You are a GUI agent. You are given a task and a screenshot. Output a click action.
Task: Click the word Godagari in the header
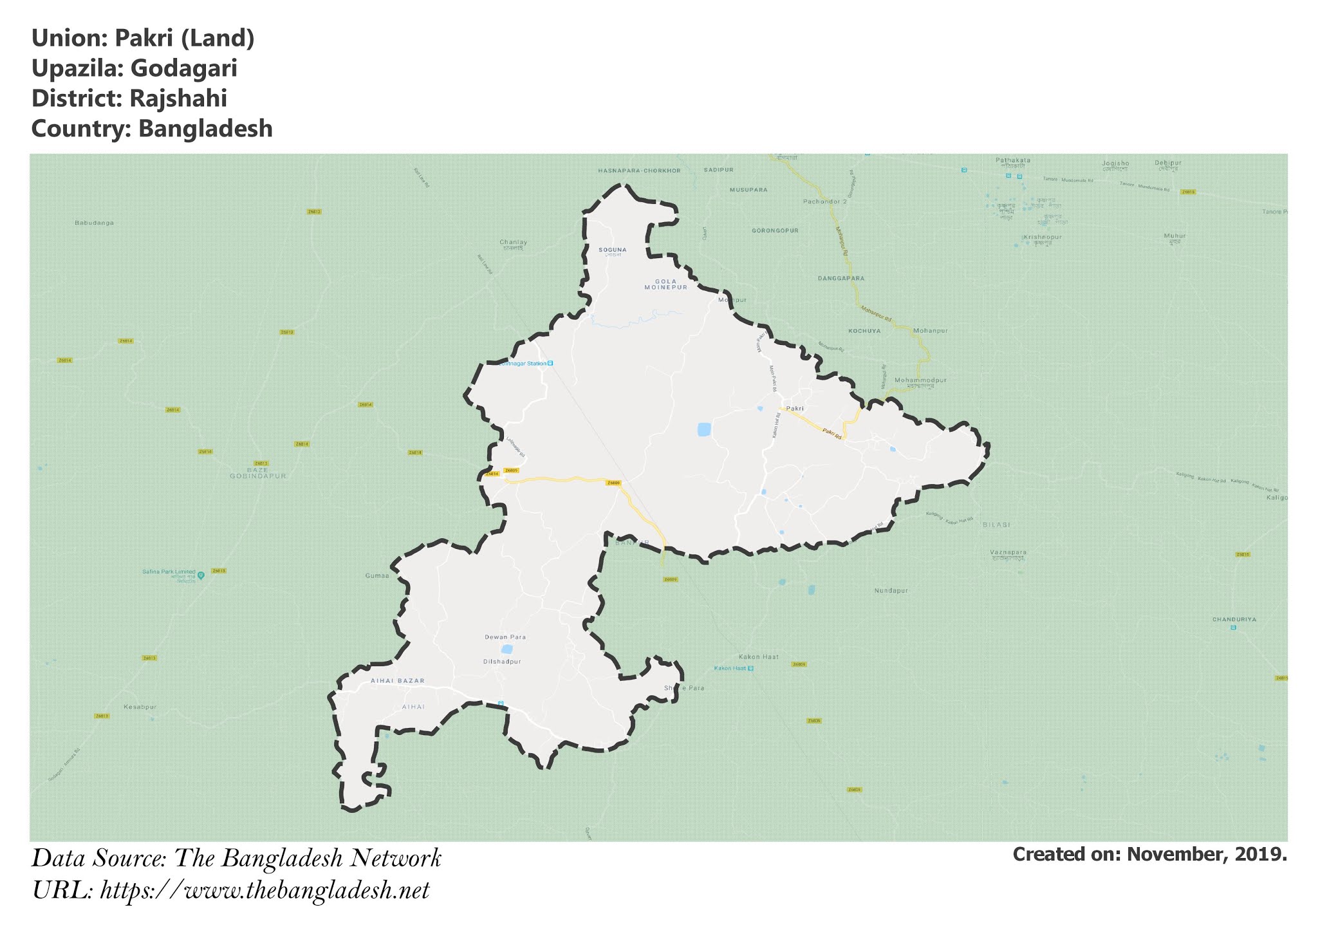(x=183, y=68)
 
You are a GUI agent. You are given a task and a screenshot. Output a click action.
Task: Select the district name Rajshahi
(x=178, y=98)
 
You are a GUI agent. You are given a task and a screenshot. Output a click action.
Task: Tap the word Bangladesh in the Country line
(x=205, y=129)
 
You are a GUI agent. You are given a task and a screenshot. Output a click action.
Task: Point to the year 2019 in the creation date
(x=1261, y=855)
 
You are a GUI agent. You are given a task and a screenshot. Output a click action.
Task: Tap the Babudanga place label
(x=94, y=223)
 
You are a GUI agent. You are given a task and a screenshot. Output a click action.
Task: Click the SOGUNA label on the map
(x=612, y=249)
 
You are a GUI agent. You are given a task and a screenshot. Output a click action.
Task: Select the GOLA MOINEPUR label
(x=666, y=284)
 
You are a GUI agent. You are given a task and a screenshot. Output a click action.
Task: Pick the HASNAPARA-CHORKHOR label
(x=639, y=171)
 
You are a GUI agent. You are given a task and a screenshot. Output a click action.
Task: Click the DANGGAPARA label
(x=840, y=279)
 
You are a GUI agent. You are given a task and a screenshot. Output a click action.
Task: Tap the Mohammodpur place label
(x=920, y=380)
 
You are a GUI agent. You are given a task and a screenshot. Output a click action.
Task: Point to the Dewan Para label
(x=505, y=637)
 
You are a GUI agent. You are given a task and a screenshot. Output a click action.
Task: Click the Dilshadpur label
(x=502, y=662)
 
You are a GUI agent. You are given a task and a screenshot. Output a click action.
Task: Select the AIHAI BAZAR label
(x=398, y=680)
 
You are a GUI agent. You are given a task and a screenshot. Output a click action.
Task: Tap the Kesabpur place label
(x=140, y=707)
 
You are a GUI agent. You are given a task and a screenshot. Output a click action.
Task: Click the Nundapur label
(x=891, y=590)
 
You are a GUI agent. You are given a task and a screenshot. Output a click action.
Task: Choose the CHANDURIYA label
(x=1234, y=619)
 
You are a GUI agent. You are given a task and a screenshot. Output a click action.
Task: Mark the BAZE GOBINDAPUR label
(x=258, y=473)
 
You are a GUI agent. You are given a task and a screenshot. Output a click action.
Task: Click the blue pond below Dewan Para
(x=507, y=649)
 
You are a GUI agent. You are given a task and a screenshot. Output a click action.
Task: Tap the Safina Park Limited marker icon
(x=201, y=575)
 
